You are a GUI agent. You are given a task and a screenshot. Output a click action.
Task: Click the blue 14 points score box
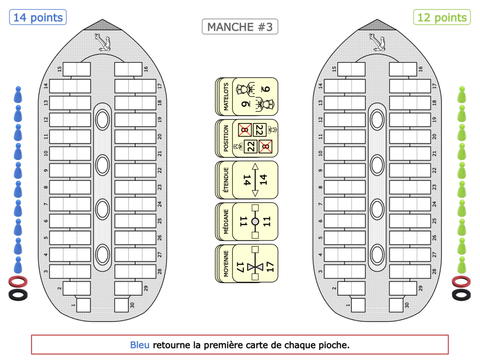pos(38,18)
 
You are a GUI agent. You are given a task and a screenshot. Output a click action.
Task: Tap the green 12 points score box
pos(442,18)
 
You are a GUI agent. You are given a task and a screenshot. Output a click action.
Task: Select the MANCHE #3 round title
pos(240,27)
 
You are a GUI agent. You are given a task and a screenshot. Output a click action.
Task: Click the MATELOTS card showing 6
pos(247,96)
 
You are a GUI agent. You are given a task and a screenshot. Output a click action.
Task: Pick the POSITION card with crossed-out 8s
pos(247,138)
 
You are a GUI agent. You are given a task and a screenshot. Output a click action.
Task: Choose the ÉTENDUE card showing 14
pos(247,180)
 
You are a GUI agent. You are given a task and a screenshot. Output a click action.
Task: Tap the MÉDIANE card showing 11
pos(247,221)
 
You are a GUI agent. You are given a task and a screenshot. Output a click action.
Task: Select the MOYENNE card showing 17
pos(247,263)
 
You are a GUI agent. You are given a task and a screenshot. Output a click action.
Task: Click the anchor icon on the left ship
pos(102,42)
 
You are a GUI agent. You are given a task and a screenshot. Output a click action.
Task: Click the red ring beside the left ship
pos(18,281)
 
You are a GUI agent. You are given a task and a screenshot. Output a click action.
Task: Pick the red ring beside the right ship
pos(462,281)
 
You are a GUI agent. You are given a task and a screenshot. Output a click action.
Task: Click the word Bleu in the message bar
pos(140,345)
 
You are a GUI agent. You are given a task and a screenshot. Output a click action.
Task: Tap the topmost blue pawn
pos(18,95)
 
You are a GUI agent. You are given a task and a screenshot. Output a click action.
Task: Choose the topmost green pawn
pos(462,95)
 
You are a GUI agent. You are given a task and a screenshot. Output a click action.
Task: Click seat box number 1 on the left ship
pos(83,305)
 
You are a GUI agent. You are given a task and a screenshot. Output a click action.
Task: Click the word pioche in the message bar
pos(335,345)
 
